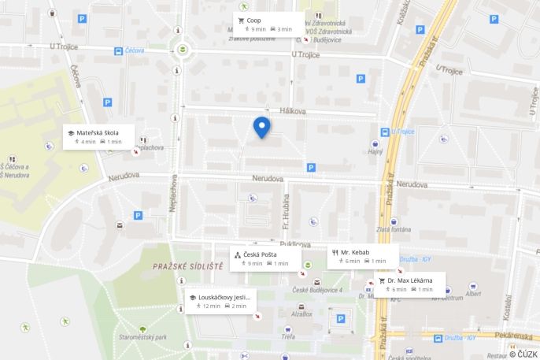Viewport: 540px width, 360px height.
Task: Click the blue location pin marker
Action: click(261, 127)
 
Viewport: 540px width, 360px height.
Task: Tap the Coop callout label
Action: click(268, 24)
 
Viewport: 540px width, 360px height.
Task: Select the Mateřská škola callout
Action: click(99, 136)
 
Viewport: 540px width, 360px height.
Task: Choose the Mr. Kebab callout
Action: click(362, 256)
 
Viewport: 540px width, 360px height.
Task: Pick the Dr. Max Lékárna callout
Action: click(409, 284)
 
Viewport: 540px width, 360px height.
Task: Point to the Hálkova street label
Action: click(292, 112)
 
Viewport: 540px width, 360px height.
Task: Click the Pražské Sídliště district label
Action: click(188, 267)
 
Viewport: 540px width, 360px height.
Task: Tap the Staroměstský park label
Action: click(142, 337)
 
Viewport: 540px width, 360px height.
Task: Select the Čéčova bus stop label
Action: click(135, 51)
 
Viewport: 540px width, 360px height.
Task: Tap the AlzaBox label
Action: click(302, 314)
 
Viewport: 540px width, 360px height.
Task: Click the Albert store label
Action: click(473, 294)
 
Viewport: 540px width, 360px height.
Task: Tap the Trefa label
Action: click(288, 336)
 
